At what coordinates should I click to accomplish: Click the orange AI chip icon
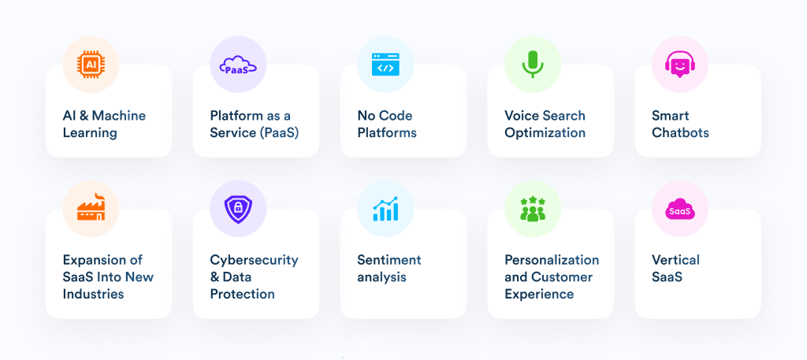[91, 65]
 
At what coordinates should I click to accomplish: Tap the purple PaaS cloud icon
[238, 65]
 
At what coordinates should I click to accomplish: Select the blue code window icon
[385, 65]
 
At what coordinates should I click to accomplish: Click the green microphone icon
[533, 65]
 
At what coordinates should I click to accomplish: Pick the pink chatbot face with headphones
[680, 65]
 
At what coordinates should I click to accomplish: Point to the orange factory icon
[91, 207]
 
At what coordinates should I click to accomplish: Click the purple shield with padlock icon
[238, 208]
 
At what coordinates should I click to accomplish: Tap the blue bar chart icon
[385, 208]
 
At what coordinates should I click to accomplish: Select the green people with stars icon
[533, 208]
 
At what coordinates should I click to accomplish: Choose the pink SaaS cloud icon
[680, 209]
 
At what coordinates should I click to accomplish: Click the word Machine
[119, 115]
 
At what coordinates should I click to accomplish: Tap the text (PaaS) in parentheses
[279, 132]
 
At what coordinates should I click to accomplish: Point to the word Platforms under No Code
[387, 132]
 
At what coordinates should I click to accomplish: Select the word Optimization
[545, 132]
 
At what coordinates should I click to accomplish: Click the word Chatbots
[680, 132]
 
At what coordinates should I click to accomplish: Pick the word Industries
[93, 294]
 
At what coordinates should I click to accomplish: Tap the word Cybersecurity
[255, 260]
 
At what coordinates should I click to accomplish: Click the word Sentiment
[389, 260]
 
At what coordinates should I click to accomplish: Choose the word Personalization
[552, 260]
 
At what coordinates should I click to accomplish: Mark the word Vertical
[675, 260]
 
